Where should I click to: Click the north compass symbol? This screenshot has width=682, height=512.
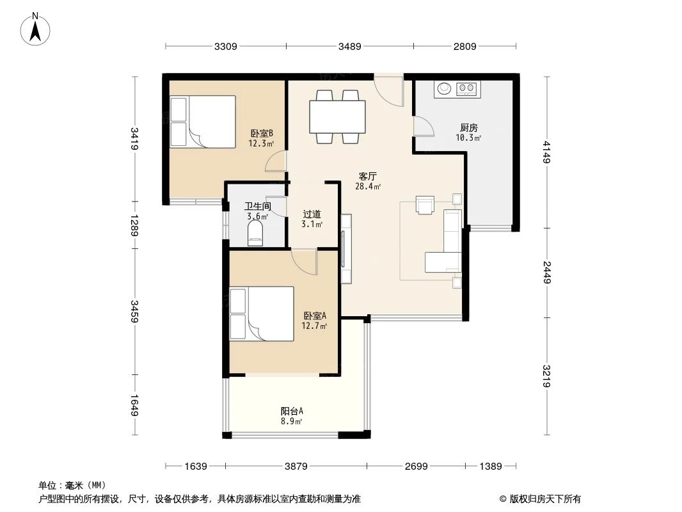pyautogui.click(x=36, y=28)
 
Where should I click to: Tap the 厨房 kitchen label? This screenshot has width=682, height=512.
pyautogui.click(x=468, y=127)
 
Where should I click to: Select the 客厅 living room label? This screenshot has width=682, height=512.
pyautogui.click(x=367, y=176)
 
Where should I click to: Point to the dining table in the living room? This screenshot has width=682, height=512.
pyautogui.click(x=337, y=116)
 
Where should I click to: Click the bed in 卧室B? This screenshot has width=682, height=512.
pyautogui.click(x=202, y=121)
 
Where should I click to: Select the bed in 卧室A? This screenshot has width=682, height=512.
pyautogui.click(x=261, y=314)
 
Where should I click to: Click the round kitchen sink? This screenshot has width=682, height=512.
pyautogui.click(x=443, y=88)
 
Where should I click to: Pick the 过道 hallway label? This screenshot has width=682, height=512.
pyautogui.click(x=312, y=214)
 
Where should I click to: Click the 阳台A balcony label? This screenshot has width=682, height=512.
pyautogui.click(x=291, y=412)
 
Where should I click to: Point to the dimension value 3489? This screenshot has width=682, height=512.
pyautogui.click(x=350, y=46)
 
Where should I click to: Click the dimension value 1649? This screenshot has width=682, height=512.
pyautogui.click(x=134, y=406)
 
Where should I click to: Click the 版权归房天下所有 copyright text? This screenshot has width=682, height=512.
pyautogui.click(x=544, y=499)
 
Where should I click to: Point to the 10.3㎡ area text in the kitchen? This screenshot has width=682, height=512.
pyautogui.click(x=468, y=138)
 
